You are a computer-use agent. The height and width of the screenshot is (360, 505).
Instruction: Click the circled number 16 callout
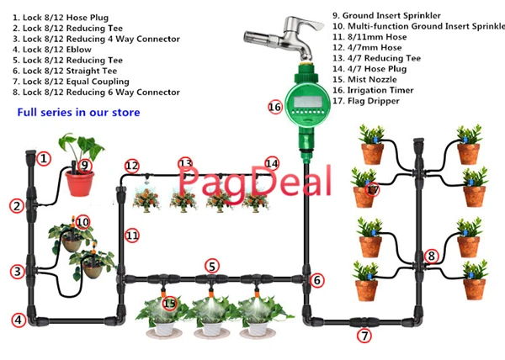[274, 108]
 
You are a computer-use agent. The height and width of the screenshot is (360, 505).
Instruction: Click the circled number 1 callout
[44, 158]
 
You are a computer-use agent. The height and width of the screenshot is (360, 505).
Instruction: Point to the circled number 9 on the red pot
[83, 165]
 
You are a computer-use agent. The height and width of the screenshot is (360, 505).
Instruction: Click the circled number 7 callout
[364, 336]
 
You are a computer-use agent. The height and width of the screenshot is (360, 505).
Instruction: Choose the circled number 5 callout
[212, 266]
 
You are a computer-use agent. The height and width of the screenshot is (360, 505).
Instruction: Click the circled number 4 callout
[18, 320]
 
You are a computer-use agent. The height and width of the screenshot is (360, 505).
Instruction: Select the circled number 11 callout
[132, 236]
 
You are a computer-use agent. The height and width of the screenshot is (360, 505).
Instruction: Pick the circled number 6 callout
[317, 280]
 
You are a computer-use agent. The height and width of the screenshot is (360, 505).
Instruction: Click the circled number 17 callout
[372, 191]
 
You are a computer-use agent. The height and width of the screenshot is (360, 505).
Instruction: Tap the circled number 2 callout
[18, 205]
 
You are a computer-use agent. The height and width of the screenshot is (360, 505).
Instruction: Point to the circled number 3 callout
[18, 272]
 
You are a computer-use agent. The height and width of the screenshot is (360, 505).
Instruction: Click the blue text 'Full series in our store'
[78, 112]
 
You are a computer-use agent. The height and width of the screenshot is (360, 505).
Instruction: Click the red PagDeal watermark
[237, 179]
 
